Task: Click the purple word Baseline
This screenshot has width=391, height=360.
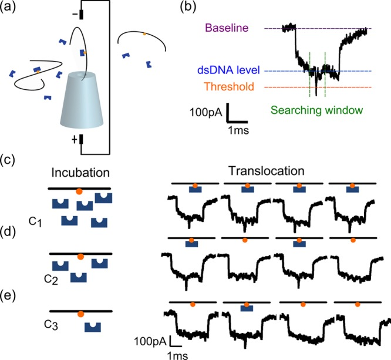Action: pos(227,28)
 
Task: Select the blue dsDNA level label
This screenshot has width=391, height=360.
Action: pos(228,70)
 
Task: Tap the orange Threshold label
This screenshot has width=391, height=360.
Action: pos(229,86)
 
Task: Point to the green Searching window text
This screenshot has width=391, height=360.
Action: pos(316,110)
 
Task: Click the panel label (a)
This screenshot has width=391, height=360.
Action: pos(8,6)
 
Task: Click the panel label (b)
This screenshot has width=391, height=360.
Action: pos(188,6)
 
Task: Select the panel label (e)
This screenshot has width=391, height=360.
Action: pos(8,296)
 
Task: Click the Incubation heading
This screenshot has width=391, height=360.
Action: pos(80,173)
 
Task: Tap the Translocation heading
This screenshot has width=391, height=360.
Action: pos(267,171)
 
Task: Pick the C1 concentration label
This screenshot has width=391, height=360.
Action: pos(35,222)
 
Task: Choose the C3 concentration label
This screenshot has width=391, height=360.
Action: pos(51,325)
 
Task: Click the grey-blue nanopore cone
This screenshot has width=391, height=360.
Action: pos(82,100)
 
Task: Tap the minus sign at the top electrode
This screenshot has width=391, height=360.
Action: pos(75,15)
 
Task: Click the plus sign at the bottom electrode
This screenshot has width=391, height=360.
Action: pos(75,140)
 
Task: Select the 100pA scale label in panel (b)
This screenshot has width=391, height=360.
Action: pos(205,112)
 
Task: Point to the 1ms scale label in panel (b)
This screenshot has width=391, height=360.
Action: pos(238,130)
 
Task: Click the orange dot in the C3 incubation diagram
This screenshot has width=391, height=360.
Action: pos(80,314)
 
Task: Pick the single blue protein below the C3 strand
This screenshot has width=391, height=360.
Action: pos(93,327)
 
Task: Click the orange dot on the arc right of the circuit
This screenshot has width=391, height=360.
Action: pos(144,33)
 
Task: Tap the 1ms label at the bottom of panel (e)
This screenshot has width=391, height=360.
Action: pos(177,355)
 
